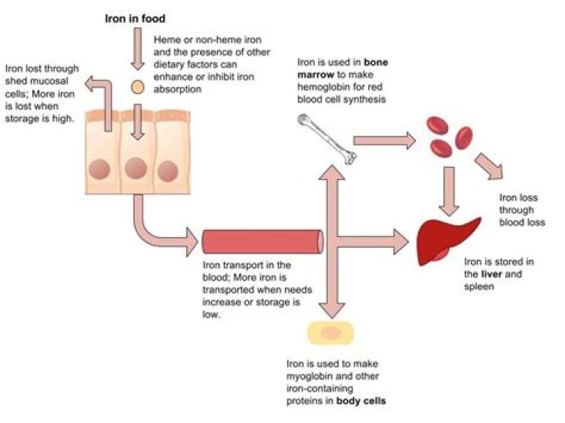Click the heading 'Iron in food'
[x=136, y=16]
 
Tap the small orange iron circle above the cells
[x=137, y=86]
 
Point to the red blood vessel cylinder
[x=262, y=239]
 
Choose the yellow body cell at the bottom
[x=331, y=334]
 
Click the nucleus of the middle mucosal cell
[x=136, y=167]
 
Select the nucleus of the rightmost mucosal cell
[x=166, y=169]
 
